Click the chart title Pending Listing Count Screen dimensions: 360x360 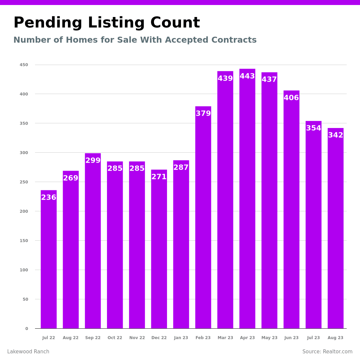coord(107,23)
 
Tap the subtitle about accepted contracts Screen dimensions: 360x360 coord(135,40)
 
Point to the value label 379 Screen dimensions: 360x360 coord(203,114)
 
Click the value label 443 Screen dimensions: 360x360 coord(247,76)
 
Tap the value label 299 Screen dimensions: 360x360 coord(93,161)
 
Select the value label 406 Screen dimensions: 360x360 coord(291,98)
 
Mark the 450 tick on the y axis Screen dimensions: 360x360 coord(24,65)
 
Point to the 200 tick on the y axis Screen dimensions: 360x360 coord(24,211)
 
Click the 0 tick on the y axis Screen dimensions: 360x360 coord(27,329)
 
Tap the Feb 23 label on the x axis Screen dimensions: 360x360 coord(203,338)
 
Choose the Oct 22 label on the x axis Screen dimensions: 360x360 coord(115,338)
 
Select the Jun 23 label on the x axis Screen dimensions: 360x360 coord(291,338)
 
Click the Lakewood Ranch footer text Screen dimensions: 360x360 coord(28,352)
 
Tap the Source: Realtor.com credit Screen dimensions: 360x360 coord(327,352)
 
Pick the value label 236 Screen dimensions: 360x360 coord(49,198)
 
